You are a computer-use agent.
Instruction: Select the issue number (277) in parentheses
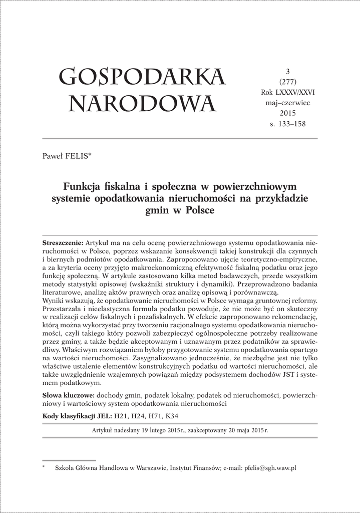287,82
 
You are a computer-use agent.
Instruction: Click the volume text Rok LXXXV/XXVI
287,93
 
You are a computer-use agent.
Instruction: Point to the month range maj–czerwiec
287,103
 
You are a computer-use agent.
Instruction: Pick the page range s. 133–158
287,123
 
